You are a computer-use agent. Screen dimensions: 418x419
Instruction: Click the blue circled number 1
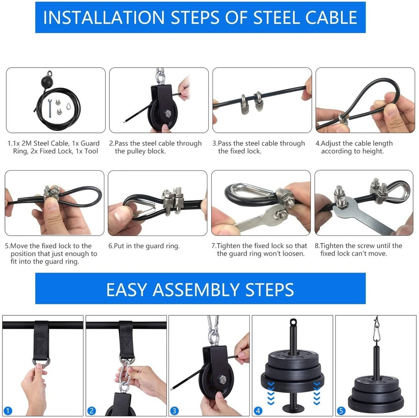point(8,410)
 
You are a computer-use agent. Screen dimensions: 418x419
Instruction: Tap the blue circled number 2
point(92,410)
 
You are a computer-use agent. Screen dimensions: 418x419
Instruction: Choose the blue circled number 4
point(258,410)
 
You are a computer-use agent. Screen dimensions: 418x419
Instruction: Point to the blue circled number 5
point(341,410)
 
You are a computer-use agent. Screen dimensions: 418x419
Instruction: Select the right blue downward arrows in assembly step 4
point(317,392)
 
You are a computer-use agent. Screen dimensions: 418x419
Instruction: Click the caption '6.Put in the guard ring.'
point(144,246)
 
